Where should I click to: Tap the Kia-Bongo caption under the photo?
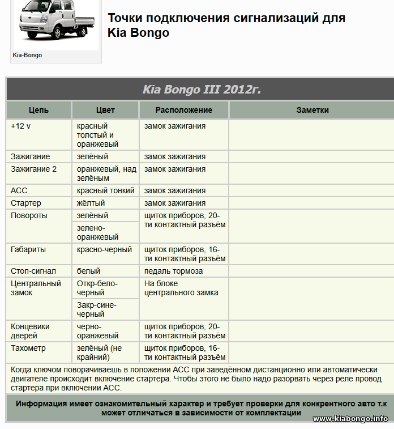[27, 56]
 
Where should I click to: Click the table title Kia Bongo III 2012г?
[202, 90]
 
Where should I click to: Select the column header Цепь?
[38, 110]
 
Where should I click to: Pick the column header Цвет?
[105, 110]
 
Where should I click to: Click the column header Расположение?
[183, 110]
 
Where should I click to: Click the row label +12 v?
[21, 126]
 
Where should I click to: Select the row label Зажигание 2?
[33, 169]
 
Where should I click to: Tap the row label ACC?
[19, 190]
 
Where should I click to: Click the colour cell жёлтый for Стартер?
[91, 203]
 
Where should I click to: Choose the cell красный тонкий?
[105, 190]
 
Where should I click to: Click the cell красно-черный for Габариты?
[104, 249]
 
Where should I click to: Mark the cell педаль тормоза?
[173, 271]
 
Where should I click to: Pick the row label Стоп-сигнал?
[33, 271]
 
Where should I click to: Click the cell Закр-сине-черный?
[96, 309]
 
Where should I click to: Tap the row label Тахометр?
[28, 348]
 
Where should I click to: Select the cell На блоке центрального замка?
[181, 288]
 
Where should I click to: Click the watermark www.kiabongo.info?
[350, 418]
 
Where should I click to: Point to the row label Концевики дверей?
[30, 331]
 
